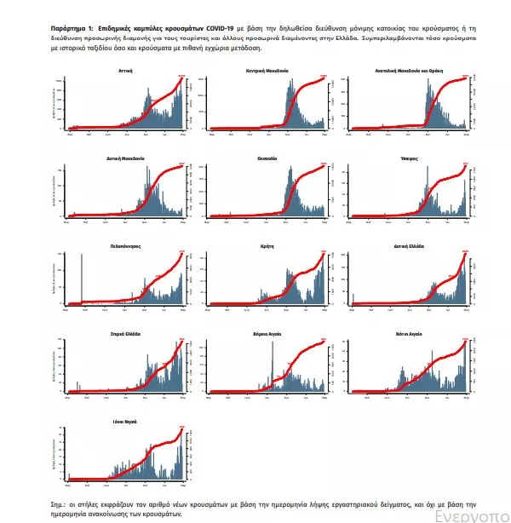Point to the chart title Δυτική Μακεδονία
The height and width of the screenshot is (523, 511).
[124, 158]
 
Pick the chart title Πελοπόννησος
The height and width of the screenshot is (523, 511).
[124, 245]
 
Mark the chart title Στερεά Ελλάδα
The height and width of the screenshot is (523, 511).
[124, 333]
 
